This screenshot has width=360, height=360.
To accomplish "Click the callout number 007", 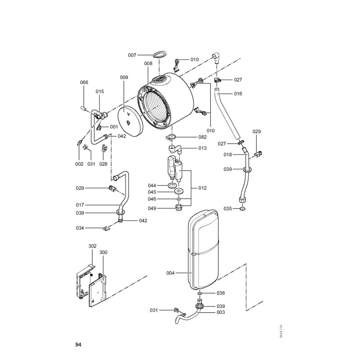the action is tap(132, 55).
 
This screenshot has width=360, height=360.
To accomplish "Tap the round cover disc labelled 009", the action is tap(130, 121).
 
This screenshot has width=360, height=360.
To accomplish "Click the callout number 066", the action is tap(84, 82).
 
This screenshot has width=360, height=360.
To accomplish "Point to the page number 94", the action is tap(78, 344).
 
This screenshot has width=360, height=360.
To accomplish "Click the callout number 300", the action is tap(103, 252).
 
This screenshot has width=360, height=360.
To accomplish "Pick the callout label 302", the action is tap(93, 246).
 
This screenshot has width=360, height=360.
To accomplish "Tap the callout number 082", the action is tap(202, 137).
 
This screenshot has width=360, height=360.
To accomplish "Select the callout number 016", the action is tap(238, 94).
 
